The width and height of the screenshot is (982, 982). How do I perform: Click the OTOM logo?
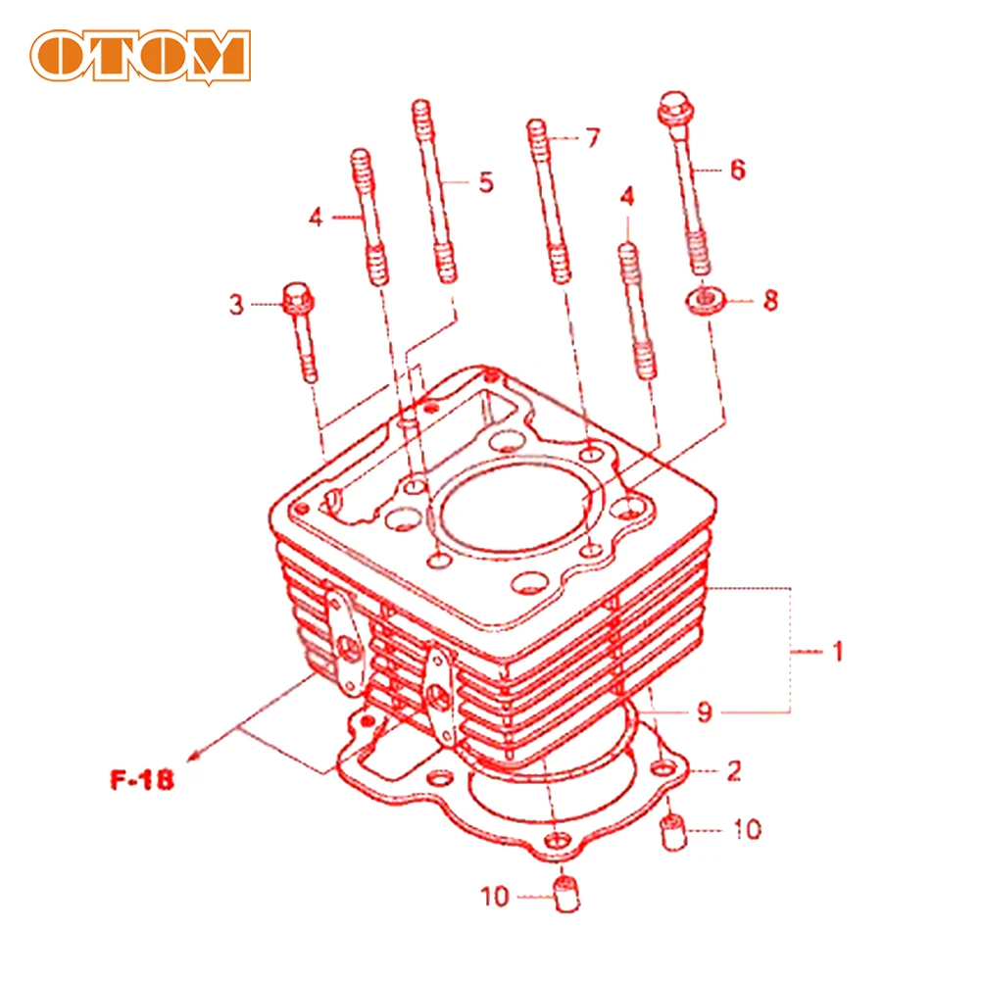139,55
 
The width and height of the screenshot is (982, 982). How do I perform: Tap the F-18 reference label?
140,781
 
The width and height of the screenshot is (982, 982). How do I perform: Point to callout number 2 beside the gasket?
734,771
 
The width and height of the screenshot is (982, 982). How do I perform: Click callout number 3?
236,305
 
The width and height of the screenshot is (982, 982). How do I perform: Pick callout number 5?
486,182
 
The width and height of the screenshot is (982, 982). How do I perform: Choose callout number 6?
736,170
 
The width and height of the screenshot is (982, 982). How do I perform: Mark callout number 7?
591,138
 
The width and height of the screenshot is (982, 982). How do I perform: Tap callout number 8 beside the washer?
770,300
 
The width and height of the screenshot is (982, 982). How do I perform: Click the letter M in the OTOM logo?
216,55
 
